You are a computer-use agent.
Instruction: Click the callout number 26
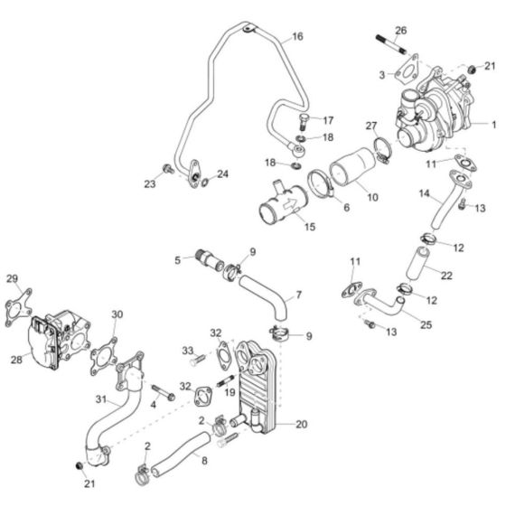[x=401, y=30]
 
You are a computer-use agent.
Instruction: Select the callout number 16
[x=297, y=38]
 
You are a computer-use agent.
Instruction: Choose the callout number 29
[x=12, y=277]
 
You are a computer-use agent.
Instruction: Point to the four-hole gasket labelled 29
[x=17, y=303]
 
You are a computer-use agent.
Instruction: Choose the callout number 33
[x=188, y=351]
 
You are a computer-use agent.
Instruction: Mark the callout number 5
[x=178, y=260]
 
